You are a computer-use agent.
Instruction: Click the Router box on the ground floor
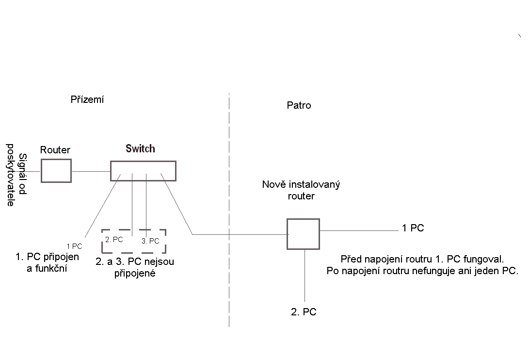tap(56, 171)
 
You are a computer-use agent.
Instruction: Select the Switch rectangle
tap(143, 171)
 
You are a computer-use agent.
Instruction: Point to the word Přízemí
tap(87, 100)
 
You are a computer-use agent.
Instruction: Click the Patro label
tap(299, 105)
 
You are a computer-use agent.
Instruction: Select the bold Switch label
tap(141, 148)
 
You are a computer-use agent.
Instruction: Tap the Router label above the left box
tap(55, 150)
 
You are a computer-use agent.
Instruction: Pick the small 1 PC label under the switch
tap(74, 246)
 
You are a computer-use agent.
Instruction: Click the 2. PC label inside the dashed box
tap(114, 239)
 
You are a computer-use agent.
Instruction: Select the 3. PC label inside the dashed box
tap(150, 241)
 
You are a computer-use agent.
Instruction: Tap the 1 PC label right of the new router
tap(413, 228)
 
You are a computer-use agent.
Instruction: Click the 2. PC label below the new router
tap(304, 312)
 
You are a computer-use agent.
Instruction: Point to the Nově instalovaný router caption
tap(301, 190)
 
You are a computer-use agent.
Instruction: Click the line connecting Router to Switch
tap(91, 171)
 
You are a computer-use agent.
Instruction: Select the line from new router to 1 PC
tap(359, 230)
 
